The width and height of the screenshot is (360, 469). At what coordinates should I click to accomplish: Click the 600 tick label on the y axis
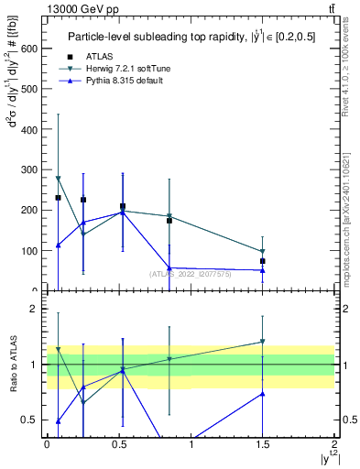(x=29, y=49)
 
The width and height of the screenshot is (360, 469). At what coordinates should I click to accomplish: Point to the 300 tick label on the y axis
(x=29, y=169)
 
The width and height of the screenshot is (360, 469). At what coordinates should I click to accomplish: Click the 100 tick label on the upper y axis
(x=29, y=250)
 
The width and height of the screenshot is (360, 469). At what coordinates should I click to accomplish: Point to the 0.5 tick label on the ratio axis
(x=29, y=420)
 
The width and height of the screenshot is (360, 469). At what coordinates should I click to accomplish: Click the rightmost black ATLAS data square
(x=263, y=261)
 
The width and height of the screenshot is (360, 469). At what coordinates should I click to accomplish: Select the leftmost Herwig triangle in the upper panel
(x=59, y=179)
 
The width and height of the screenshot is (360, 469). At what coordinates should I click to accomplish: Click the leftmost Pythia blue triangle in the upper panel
(x=59, y=245)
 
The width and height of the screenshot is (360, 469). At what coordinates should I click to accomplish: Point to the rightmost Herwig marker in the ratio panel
(x=263, y=342)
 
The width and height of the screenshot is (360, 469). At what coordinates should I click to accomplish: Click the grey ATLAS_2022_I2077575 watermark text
(x=189, y=273)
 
